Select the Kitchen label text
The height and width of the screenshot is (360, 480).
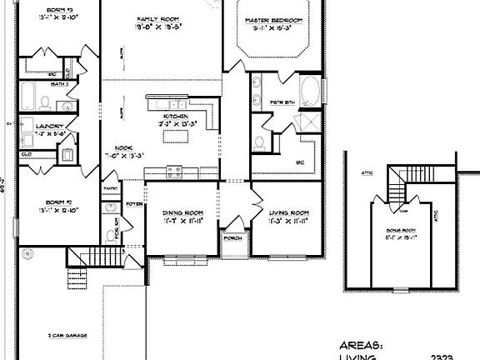pos(176,116)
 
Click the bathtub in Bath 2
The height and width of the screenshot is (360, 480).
pos(28,97)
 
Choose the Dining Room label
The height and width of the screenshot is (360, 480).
pos(180,213)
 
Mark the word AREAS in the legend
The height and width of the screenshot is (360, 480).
pos(361,344)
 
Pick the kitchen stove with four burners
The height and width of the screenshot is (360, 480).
pos(176,172)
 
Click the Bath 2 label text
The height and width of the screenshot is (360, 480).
pos(59,84)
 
